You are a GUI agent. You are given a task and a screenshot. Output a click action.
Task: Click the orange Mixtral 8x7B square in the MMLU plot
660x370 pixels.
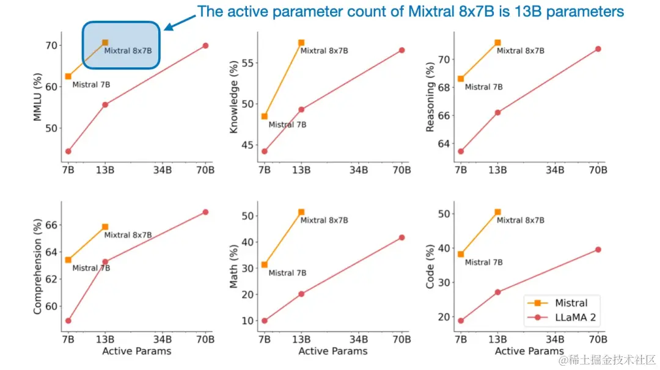(x=105, y=43)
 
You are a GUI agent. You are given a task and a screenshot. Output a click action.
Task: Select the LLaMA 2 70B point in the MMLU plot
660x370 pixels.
(x=205, y=46)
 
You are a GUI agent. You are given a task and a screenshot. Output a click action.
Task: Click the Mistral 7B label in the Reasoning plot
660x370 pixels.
(x=483, y=87)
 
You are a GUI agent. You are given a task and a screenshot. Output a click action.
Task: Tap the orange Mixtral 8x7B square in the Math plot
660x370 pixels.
(x=301, y=212)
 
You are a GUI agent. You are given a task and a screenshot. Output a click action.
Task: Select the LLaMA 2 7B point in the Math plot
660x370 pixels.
(x=264, y=321)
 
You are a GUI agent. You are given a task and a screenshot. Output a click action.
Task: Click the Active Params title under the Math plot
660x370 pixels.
(x=333, y=351)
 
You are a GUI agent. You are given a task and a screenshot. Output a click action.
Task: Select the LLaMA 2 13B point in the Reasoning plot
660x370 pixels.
(x=497, y=112)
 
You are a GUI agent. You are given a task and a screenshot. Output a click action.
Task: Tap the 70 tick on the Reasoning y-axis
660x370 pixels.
(x=445, y=59)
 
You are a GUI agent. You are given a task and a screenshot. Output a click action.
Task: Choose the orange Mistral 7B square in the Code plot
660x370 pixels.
(x=461, y=254)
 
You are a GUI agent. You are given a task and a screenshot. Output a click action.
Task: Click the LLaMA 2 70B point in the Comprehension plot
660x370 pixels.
(x=205, y=212)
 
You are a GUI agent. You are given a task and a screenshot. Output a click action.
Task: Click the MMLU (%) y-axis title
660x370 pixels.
(x=38, y=97)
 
